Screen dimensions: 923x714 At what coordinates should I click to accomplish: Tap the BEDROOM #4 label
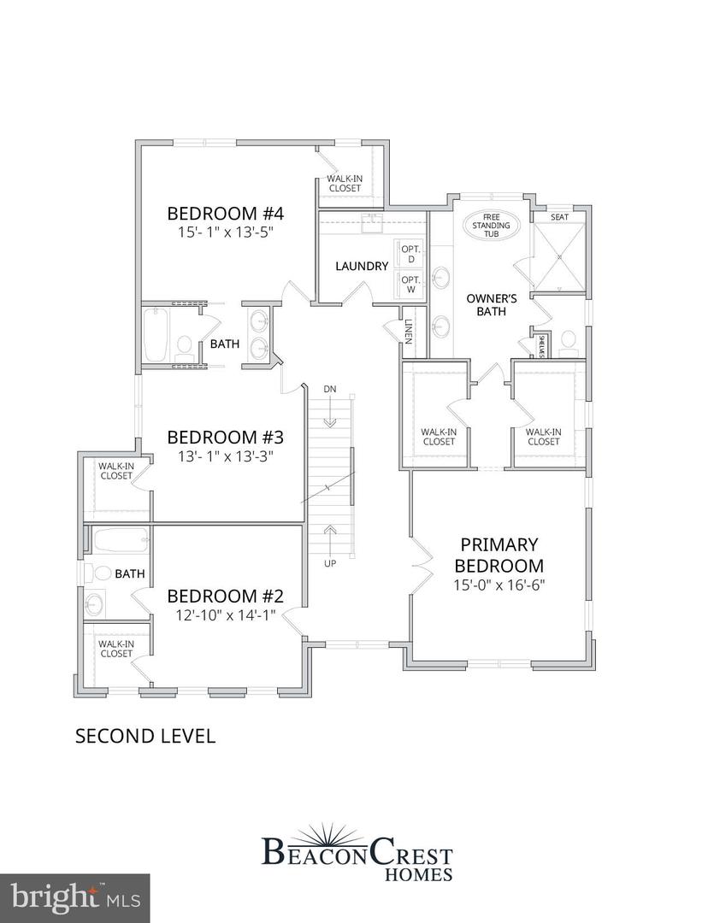click(x=225, y=214)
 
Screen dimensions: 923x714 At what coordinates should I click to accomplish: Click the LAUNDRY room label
click(x=362, y=266)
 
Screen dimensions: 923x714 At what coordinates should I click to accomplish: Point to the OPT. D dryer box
click(x=411, y=252)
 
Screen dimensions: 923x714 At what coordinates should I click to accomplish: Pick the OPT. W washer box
click(x=411, y=285)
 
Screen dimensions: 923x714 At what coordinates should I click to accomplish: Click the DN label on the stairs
click(x=330, y=390)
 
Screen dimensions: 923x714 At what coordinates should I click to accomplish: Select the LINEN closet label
click(x=409, y=332)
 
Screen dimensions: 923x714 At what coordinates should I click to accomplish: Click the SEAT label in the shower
click(x=559, y=217)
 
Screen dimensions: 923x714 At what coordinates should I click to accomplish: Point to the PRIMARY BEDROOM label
click(x=499, y=555)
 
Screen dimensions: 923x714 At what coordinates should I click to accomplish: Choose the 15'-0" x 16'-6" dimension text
click(x=499, y=585)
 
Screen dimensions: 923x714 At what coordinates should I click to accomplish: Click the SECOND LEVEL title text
click(x=145, y=736)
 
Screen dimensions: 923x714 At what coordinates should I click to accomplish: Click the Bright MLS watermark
click(x=74, y=897)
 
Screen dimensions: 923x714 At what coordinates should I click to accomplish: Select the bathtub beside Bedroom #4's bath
click(x=156, y=335)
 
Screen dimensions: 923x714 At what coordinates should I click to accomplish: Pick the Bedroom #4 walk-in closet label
click(x=344, y=184)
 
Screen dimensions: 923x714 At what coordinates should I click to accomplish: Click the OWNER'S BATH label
click(x=487, y=305)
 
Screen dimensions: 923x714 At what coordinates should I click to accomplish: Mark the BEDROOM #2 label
click(x=225, y=596)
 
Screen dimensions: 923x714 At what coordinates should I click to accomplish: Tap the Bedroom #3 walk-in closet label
click(x=115, y=471)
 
